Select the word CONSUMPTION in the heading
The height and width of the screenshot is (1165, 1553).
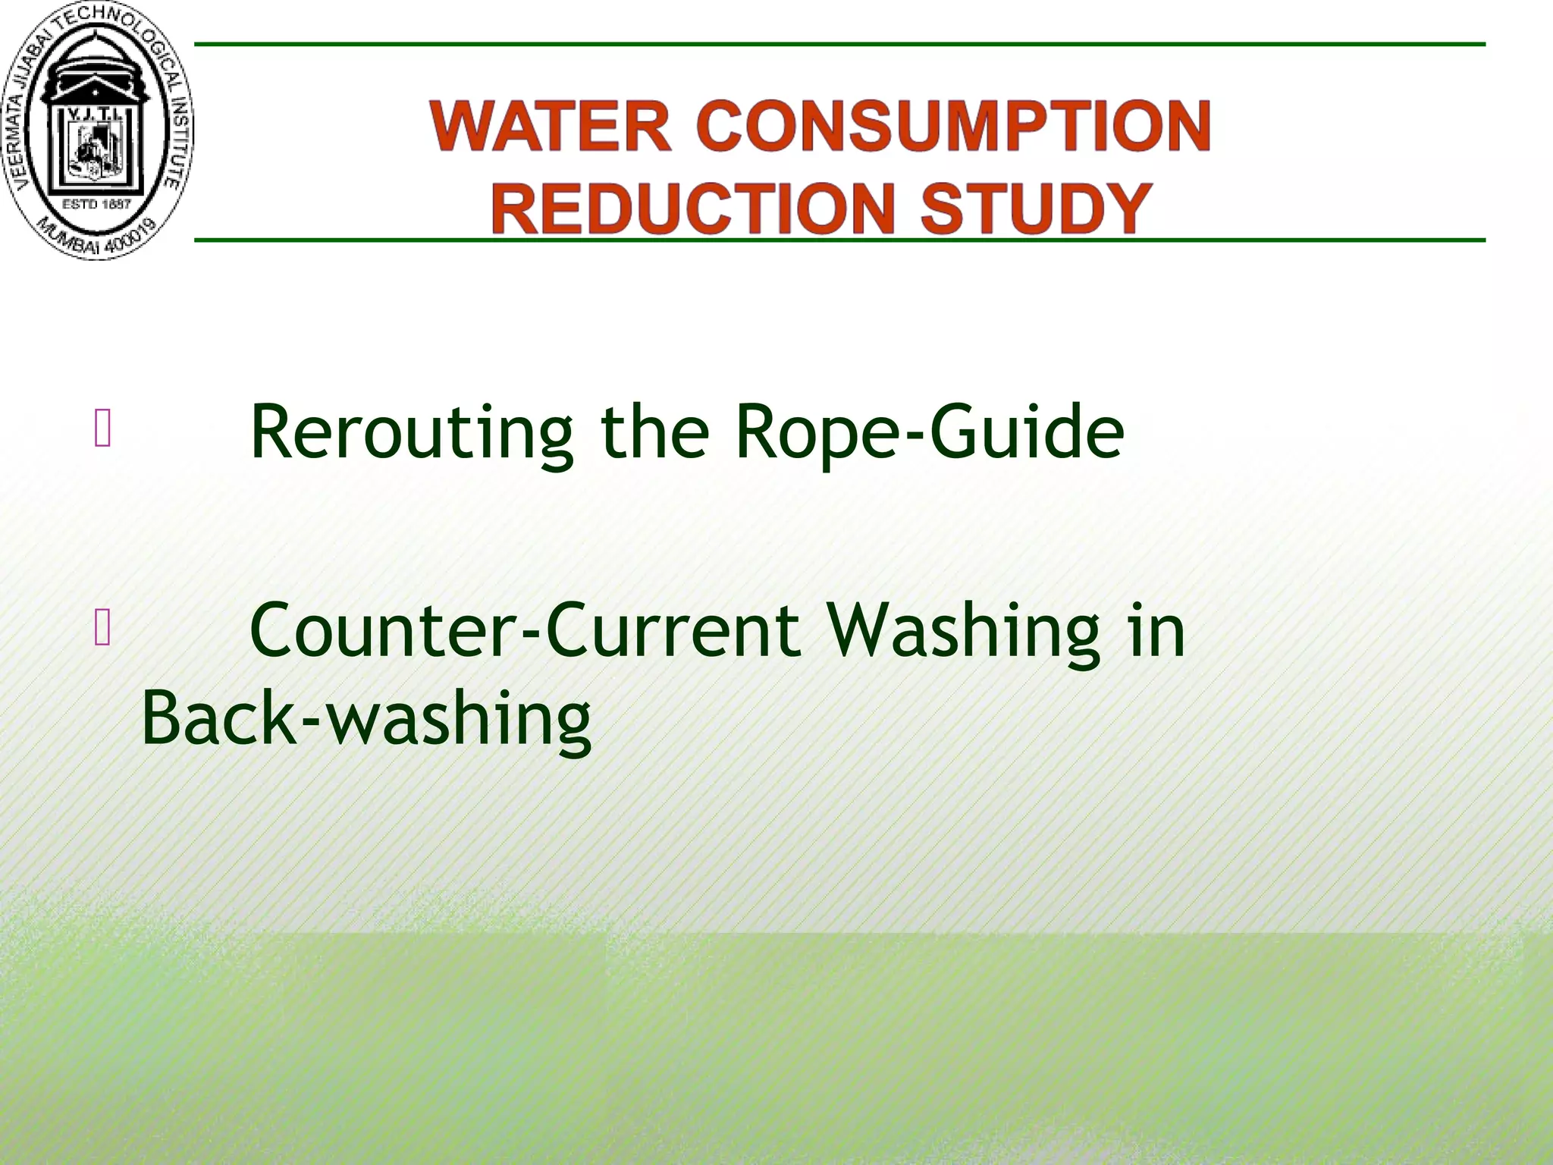(x=953, y=126)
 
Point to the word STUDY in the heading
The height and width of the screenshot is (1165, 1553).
(x=1037, y=209)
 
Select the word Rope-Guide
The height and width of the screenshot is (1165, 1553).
(x=929, y=432)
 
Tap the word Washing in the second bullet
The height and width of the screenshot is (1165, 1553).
(x=963, y=630)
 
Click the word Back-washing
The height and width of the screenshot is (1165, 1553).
(x=366, y=718)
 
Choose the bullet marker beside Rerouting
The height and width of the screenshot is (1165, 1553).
(x=103, y=428)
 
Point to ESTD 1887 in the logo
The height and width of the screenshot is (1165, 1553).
(x=96, y=204)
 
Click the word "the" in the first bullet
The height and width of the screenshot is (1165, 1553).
(x=654, y=432)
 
